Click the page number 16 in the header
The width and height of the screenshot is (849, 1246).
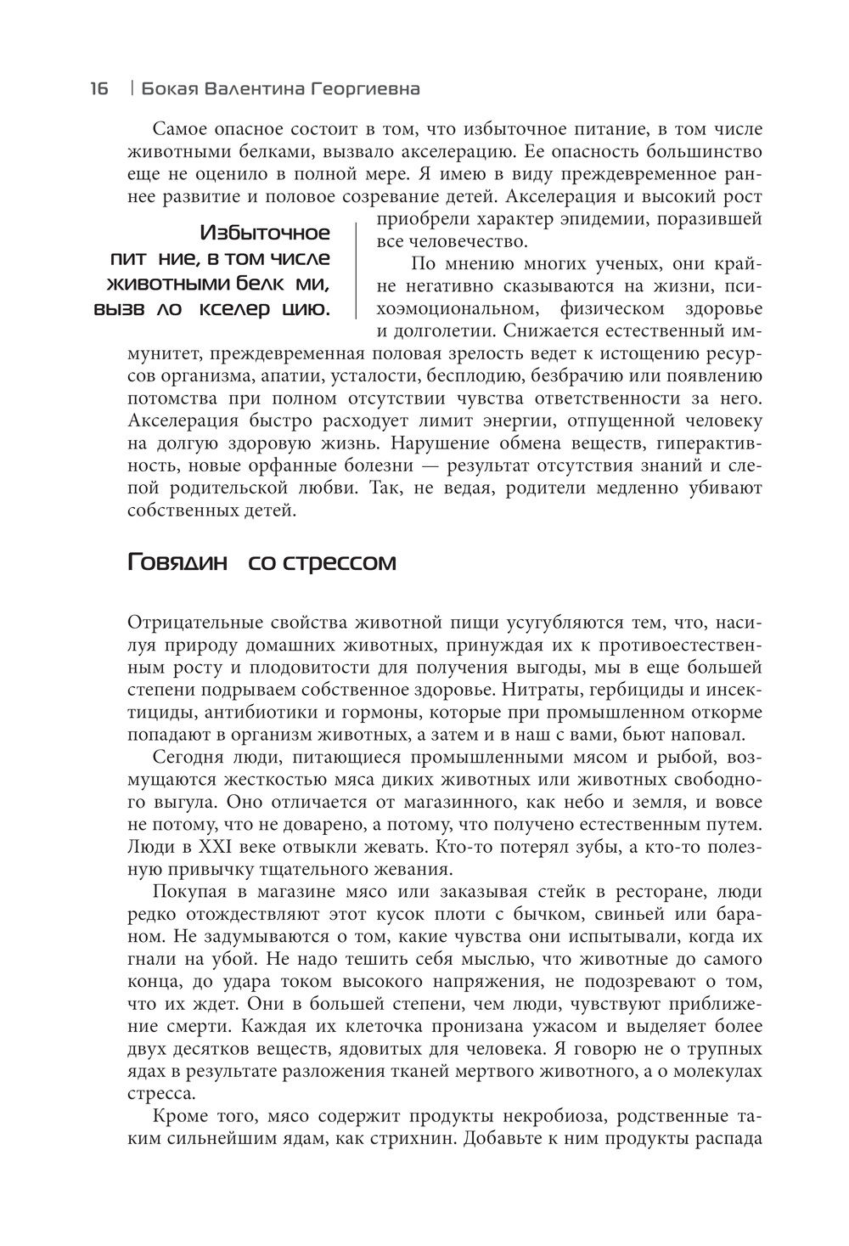click(98, 88)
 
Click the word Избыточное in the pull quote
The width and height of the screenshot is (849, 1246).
click(266, 234)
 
